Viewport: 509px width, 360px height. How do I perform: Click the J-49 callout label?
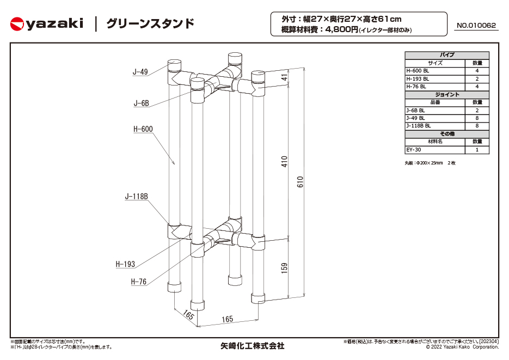[x=140, y=72]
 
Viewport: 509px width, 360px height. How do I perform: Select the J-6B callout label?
[x=142, y=103]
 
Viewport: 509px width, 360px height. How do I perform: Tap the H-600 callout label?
[x=143, y=129]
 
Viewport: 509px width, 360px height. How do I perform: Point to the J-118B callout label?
[x=136, y=197]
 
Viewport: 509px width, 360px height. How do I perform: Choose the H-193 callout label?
[x=125, y=264]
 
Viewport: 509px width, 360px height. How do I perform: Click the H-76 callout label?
[x=139, y=282]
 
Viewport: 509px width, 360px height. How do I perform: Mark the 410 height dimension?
[x=284, y=161]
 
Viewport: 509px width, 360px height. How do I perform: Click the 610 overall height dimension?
[x=301, y=181]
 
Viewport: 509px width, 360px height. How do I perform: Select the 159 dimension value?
[x=284, y=268]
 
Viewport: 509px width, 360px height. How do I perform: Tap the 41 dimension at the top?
[x=284, y=77]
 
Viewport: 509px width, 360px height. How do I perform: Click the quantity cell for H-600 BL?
[x=477, y=71]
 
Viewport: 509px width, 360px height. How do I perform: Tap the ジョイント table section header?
[x=447, y=94]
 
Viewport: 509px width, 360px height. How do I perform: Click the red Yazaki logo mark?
[x=17, y=24]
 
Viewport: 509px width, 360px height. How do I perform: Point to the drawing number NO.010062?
[x=476, y=25]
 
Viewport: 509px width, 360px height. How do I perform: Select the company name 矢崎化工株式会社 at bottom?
[x=252, y=346]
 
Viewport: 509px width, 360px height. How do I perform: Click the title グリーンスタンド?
[x=150, y=24]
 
